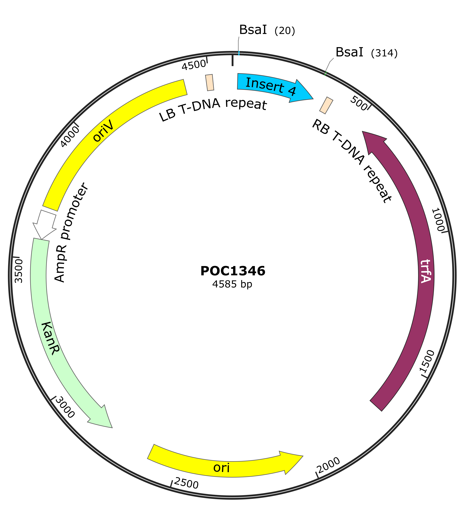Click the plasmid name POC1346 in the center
click(233, 271)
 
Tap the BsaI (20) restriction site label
click(267, 30)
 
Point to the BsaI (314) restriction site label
click(366, 52)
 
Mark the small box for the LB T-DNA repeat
click(210, 82)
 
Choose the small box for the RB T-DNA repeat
click(326, 105)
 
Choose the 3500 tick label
click(19, 271)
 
